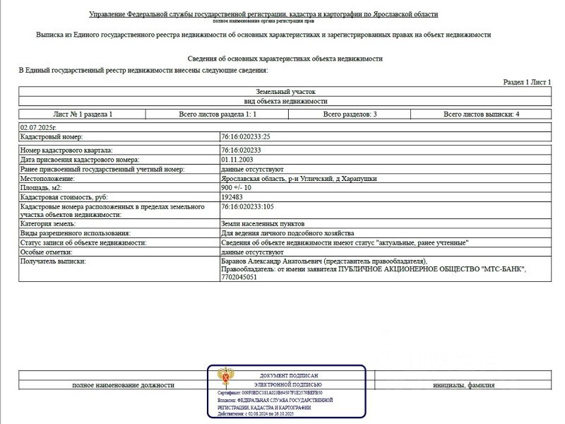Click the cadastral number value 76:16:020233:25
coord(246,136)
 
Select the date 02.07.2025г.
coord(37,126)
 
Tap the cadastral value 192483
coord(232,197)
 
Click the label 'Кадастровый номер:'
coord(52,136)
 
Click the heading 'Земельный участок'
coord(285,92)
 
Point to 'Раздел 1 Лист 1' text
coord(527,83)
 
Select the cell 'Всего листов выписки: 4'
coord(482,114)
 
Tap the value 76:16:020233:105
coord(248,206)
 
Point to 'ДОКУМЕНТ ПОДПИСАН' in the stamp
coord(290,375)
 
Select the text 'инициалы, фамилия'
coord(464,385)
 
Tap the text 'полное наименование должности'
coord(124,385)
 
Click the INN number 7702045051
coord(239,278)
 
